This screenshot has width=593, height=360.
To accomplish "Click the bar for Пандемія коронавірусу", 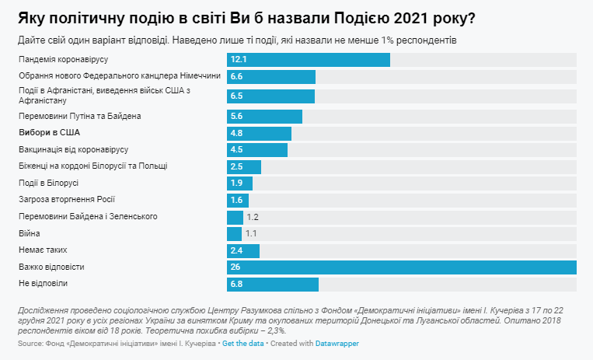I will [x=308, y=60].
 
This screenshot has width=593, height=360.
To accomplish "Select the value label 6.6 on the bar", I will [x=237, y=76].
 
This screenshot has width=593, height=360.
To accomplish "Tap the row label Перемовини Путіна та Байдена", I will [x=78, y=116].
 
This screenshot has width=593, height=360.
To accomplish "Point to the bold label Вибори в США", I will [x=48, y=132].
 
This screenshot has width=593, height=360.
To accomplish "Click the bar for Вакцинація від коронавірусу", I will [x=257, y=149].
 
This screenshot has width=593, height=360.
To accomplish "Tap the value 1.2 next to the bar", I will [x=252, y=217].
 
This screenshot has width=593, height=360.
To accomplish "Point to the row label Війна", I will [x=29, y=233].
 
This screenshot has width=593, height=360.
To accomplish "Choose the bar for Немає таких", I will [x=243, y=250].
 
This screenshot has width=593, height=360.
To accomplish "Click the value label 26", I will [x=235, y=267].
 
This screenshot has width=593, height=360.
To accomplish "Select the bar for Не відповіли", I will [x=272, y=285].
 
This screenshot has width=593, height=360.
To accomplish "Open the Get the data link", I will [x=244, y=343].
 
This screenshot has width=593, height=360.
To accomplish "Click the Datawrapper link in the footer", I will [x=337, y=343].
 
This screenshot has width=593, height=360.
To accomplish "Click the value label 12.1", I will [x=239, y=60].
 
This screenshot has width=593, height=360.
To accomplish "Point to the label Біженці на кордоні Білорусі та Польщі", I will [x=92, y=166].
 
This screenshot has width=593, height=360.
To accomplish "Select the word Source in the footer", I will [x=30, y=343].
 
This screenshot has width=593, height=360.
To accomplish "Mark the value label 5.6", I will [x=237, y=116].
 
